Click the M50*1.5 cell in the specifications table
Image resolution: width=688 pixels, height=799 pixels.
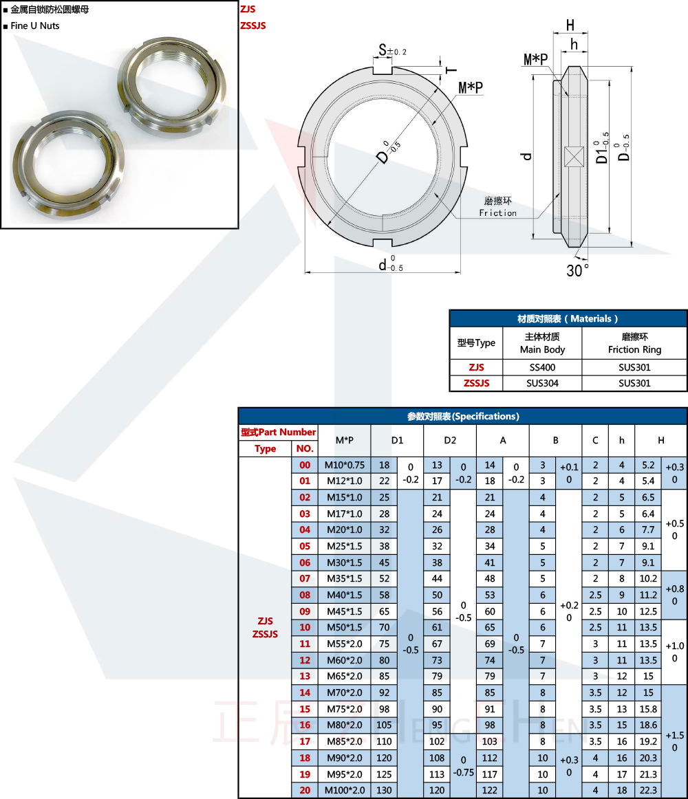(344, 627)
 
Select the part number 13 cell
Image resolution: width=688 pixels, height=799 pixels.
(305, 676)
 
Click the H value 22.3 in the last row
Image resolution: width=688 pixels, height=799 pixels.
(647, 790)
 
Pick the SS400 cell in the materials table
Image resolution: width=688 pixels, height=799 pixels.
(542, 367)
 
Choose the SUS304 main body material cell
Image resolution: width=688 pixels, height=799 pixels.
(542, 383)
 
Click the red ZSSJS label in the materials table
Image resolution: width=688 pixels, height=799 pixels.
(476, 383)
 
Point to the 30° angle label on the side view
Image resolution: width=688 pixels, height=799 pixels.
(578, 270)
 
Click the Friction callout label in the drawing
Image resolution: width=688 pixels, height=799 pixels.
(497, 213)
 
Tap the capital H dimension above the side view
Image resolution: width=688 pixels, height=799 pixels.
(570, 25)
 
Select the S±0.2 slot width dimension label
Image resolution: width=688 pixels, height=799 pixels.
(393, 50)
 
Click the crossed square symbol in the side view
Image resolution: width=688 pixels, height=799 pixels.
(573, 157)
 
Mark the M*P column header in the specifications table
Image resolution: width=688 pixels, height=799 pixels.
(344, 440)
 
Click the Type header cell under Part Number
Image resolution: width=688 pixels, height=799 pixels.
(265, 448)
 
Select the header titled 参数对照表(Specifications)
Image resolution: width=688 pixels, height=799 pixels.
(462, 416)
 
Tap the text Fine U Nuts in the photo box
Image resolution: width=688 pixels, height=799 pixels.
(35, 26)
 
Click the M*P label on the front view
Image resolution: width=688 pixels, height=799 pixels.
(471, 87)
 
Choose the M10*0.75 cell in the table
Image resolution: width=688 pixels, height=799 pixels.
(344, 465)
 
